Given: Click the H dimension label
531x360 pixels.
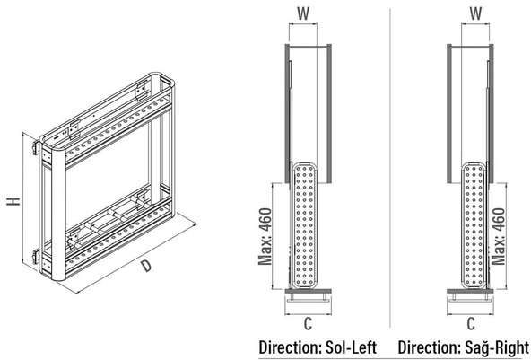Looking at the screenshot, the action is point(13,201).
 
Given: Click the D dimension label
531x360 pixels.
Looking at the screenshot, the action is point(146,266).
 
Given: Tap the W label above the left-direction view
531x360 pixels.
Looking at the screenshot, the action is point(303,13).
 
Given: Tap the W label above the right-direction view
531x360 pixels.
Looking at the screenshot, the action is point(475,13).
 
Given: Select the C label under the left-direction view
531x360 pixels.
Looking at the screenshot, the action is point(308,324).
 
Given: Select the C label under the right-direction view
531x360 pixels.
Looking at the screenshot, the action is point(471,324).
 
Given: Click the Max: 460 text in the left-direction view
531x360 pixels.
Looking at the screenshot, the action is point(265,236).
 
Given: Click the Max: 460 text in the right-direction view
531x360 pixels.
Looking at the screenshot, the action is point(498,236).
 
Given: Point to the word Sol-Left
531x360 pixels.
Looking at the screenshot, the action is point(351,347).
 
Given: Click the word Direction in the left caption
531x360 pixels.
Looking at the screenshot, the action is point(291,347).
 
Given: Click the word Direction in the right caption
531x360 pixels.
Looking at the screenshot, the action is point(429,347).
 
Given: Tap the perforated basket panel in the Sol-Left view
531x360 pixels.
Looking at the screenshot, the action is point(304,225).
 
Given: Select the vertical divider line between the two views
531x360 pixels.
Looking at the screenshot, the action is point(390,168).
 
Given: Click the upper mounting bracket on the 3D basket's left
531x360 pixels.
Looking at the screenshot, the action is point(36,148).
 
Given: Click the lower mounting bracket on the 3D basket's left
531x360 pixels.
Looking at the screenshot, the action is point(36,257).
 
